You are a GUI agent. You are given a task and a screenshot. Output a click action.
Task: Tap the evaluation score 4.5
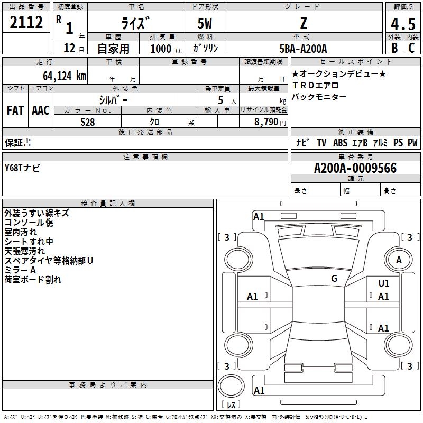pyautogui.click(x=402, y=24)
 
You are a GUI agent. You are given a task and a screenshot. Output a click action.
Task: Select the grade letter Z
pyautogui.click(x=304, y=23)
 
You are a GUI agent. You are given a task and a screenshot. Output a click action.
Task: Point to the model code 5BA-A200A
pyautogui.click(x=303, y=49)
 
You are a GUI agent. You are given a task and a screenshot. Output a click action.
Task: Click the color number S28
pyautogui.click(x=88, y=122)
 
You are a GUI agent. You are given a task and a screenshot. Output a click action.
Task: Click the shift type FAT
pyautogui.click(x=15, y=111)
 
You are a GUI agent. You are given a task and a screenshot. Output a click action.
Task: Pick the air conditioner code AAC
pyautogui.click(x=40, y=111)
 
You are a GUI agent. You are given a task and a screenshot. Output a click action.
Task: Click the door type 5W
pyautogui.click(x=205, y=24)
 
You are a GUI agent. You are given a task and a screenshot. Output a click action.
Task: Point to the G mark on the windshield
pyautogui.click(x=334, y=279)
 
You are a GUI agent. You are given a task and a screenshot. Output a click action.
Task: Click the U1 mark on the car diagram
pyautogui.click(x=383, y=284)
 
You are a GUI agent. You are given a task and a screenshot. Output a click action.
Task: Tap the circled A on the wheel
pyautogui.click(x=399, y=260)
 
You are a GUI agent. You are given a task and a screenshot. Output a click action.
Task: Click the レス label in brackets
pyautogui.click(x=231, y=405)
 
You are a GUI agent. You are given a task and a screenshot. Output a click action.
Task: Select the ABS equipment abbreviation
pyautogui.click(x=340, y=143)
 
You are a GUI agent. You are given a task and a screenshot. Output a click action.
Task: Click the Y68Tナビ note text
pyautogui.click(x=22, y=168)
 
